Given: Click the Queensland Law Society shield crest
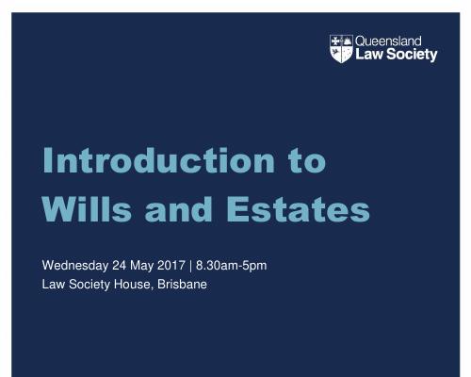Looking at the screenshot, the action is pyautogui.click(x=341, y=49).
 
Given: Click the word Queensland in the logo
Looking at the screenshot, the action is pyautogui.click(x=388, y=41).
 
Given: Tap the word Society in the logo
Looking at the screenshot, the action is pyautogui.click(x=412, y=55).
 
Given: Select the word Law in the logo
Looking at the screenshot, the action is pyautogui.click(x=369, y=54).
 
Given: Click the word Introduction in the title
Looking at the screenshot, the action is pyautogui.click(x=159, y=160).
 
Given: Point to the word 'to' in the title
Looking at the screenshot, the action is pyautogui.click(x=308, y=162).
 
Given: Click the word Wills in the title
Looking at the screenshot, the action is pyautogui.click(x=87, y=209).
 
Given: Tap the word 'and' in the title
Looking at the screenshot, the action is pyautogui.click(x=178, y=209).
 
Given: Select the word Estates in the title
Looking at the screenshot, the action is pyautogui.click(x=298, y=210).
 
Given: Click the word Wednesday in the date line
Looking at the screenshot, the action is pyautogui.click(x=75, y=266).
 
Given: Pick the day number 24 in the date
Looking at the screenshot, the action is pyautogui.click(x=120, y=266).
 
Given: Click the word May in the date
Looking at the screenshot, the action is pyautogui.click(x=142, y=267).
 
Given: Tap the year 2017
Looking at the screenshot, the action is pyautogui.click(x=171, y=266).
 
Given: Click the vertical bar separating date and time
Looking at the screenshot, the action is pyautogui.click(x=190, y=266).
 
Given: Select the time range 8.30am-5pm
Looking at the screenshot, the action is pyautogui.click(x=232, y=266).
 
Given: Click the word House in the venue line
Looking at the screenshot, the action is pyautogui.click(x=134, y=285).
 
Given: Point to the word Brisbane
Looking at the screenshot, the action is pyautogui.click(x=182, y=285).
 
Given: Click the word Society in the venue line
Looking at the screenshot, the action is pyautogui.click(x=89, y=286).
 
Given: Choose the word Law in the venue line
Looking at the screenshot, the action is pyautogui.click(x=54, y=285).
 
